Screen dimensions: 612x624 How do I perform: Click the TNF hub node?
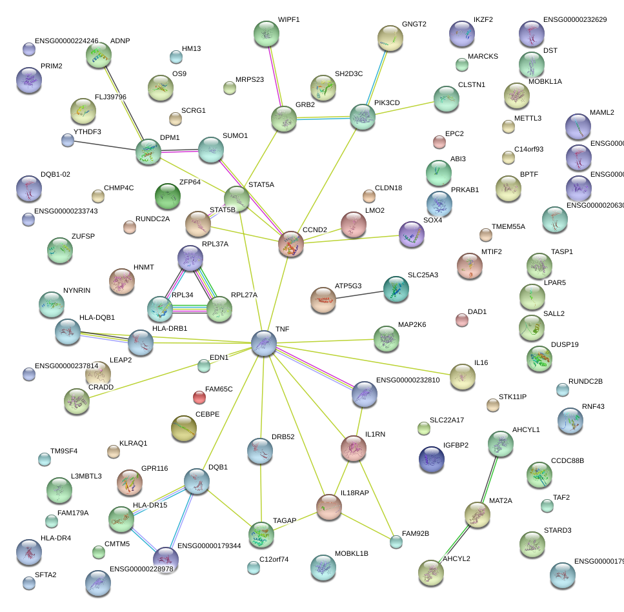tap(263, 342)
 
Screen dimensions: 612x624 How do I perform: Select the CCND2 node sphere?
tap(290, 244)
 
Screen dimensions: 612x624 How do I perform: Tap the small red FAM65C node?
tap(200, 396)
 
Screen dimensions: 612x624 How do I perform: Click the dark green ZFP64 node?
tap(167, 196)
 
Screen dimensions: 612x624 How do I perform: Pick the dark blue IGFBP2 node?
tap(431, 459)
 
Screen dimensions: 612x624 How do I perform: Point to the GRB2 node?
tap(283, 119)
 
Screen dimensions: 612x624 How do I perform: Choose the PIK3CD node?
tap(362, 117)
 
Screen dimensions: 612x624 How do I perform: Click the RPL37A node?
tap(190, 258)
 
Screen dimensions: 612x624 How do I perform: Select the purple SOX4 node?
tap(411, 234)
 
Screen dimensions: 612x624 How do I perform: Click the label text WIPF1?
tap(288, 20)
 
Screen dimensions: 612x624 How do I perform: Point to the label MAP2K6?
tap(412, 324)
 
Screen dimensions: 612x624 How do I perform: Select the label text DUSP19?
tap(565, 344)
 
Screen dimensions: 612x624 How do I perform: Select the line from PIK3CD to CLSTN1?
tap(404, 107)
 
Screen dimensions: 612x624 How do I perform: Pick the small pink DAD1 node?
tap(461, 320)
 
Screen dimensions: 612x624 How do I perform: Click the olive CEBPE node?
tap(184, 429)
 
